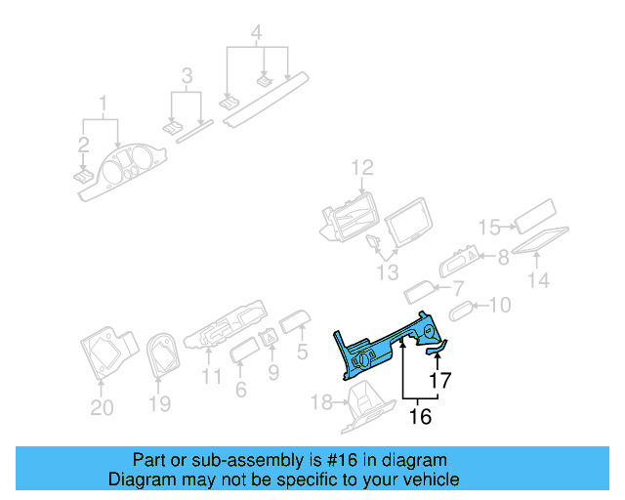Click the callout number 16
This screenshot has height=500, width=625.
(420, 417)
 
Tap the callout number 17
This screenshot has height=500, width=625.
(440, 381)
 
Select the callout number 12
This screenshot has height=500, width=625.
(362, 168)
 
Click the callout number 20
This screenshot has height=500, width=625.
(102, 408)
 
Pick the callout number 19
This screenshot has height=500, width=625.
(159, 403)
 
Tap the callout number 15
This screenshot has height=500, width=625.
(490, 228)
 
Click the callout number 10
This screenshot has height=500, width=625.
(498, 306)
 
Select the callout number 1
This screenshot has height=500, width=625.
(102, 103)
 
